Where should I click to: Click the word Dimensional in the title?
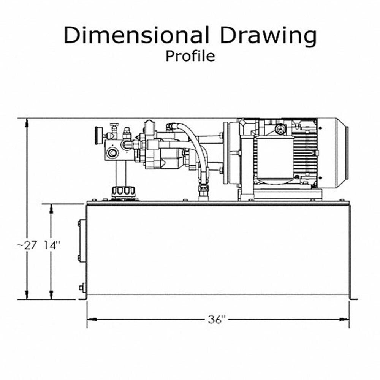pos(136,35)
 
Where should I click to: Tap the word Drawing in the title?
pos(268,37)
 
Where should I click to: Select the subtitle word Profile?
pos(190,56)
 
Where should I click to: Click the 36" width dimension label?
pos(217,320)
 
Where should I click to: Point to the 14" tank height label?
pos(52,245)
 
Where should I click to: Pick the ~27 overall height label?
pos(27,245)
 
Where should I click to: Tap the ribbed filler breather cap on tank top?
pos(123,192)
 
